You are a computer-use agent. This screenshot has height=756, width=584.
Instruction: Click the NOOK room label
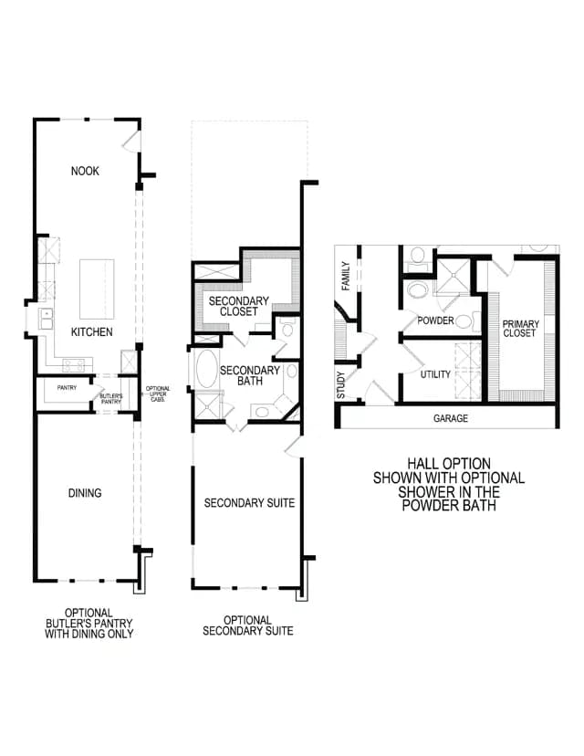coord(85,171)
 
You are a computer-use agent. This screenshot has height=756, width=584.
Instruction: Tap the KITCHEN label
coord(91,331)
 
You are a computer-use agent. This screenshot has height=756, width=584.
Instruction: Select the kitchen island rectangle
coord(97,289)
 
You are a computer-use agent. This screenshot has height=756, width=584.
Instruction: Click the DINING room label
coord(85,493)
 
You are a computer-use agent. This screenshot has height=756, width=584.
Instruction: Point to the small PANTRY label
coord(67,387)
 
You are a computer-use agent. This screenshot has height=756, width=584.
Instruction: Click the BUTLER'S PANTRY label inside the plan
coord(111,399)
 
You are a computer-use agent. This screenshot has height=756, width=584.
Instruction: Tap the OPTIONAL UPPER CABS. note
coord(158,394)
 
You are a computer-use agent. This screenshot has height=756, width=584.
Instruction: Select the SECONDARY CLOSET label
coord(238,306)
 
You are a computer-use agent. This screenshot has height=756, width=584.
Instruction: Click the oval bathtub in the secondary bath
coord(207,369)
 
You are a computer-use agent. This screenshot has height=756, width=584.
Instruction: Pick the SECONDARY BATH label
coord(250,375)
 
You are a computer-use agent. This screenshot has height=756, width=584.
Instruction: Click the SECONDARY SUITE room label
coord(249,503)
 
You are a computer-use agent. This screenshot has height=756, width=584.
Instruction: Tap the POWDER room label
coord(435,320)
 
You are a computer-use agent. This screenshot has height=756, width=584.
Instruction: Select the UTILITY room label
coord(435,374)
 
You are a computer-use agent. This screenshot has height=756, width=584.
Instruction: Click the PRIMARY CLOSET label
coord(520,329)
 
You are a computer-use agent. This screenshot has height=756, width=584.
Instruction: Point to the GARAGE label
coord(451,418)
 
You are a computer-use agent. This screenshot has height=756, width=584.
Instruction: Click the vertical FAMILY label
coord(346,276)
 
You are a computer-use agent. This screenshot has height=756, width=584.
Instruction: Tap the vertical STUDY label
coord(340,384)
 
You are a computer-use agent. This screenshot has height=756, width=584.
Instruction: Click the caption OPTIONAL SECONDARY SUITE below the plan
coord(247,625)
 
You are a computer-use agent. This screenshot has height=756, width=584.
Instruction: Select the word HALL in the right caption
coord(422,464)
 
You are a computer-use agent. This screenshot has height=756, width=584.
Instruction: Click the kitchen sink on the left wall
coord(46,319)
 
